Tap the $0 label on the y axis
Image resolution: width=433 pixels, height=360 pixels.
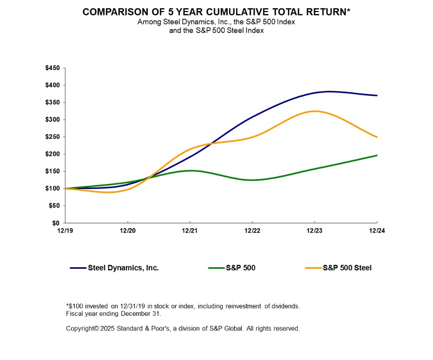pyautogui.click(x=56, y=223)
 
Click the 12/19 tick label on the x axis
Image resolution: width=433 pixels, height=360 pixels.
pyautogui.click(x=66, y=231)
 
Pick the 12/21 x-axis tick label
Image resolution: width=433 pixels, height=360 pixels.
pyautogui.click(x=190, y=231)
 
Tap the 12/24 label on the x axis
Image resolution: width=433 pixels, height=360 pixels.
pyautogui.click(x=376, y=231)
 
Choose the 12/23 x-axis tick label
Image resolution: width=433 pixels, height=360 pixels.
pyautogui.click(x=314, y=231)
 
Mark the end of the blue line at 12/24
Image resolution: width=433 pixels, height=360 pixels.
pyautogui.click(x=376, y=95)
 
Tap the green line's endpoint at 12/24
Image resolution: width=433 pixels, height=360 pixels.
pyautogui.click(x=376, y=155)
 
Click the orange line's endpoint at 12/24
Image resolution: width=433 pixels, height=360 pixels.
pyautogui.click(x=376, y=137)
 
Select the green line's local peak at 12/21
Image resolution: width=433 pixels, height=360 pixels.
pyautogui.click(x=190, y=170)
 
